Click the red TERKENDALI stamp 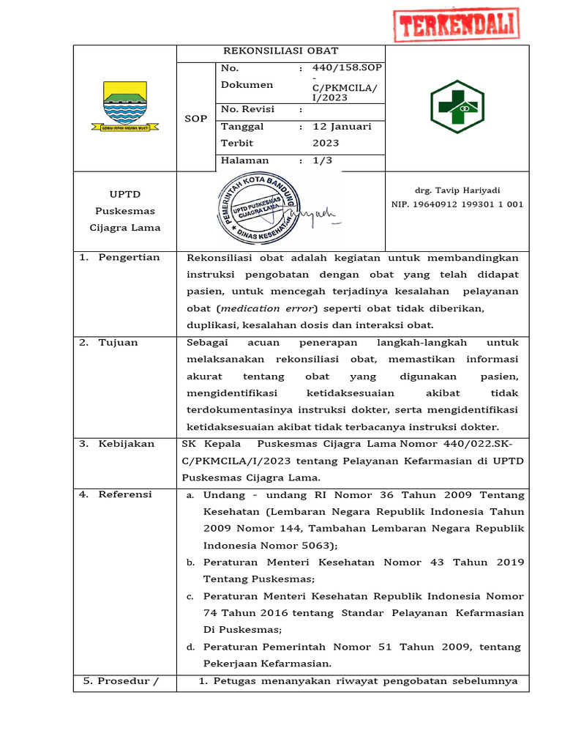tap(456, 25)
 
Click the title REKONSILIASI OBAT tap(280, 51)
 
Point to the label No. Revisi tap(247, 109)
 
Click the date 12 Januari tap(342, 126)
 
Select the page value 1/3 tap(322, 160)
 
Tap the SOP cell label tap(195, 118)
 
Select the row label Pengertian tap(129, 257)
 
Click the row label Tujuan tap(118, 342)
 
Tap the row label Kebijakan tap(126, 444)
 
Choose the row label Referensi tap(124, 494)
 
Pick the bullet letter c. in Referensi tap(190, 596)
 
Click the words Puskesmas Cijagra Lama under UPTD tap(124, 219)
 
